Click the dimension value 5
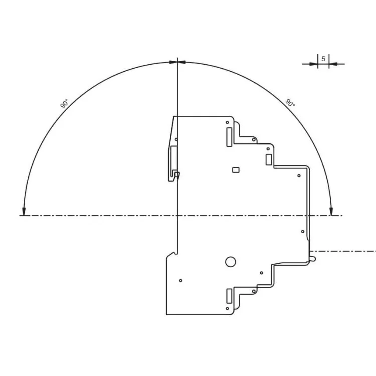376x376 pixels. [323, 59]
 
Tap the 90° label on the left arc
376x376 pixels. [64, 104]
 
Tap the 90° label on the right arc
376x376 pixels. [290, 103]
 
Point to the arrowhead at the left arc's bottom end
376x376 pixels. [23, 211]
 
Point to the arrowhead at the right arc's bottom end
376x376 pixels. [331, 211]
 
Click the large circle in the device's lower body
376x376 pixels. [230, 261]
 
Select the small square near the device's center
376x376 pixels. [235, 170]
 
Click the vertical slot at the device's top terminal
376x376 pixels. [229, 136]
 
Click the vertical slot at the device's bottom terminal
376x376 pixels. [229, 295]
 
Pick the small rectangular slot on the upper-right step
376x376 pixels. [268, 160]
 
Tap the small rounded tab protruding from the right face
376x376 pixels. [312, 259]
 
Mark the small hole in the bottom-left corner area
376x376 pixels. [180, 280]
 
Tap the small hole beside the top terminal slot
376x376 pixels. [227, 122]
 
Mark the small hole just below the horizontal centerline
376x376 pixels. [302, 231]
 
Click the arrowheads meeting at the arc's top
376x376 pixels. [177, 62]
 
